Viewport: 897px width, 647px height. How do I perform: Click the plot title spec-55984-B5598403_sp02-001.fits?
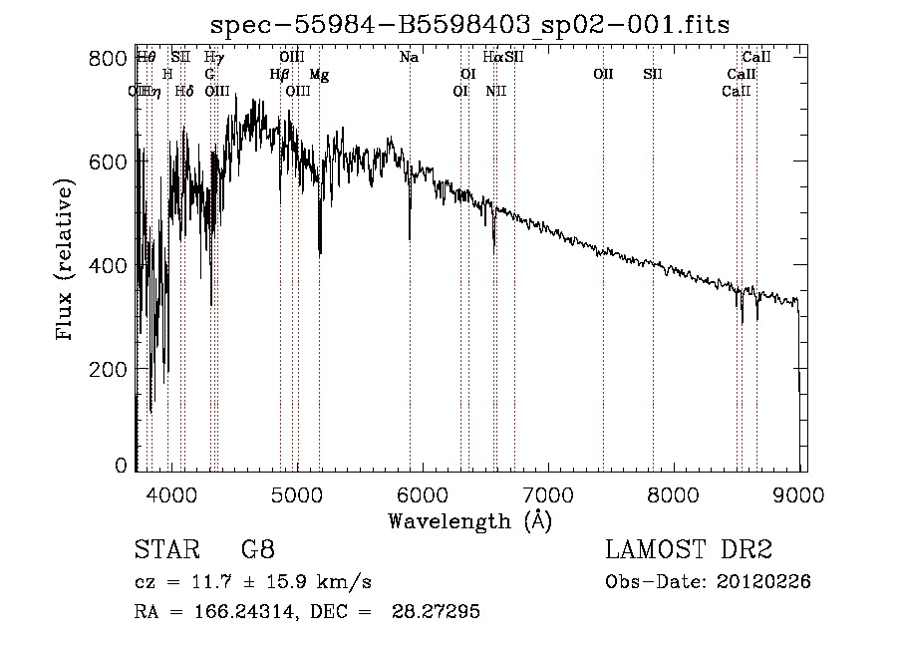click(x=470, y=25)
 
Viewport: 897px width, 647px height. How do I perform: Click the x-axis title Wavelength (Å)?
click(x=469, y=520)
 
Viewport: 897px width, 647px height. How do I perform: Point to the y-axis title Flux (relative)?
click(x=66, y=261)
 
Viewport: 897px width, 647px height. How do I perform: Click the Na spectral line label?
click(x=409, y=58)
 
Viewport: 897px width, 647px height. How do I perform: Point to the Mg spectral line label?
click(x=319, y=75)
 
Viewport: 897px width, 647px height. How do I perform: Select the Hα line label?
click(x=492, y=58)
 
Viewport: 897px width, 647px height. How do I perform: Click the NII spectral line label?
click(x=496, y=92)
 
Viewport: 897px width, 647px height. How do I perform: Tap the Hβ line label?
click(x=279, y=75)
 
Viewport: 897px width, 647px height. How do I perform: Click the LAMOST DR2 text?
click(x=689, y=550)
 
